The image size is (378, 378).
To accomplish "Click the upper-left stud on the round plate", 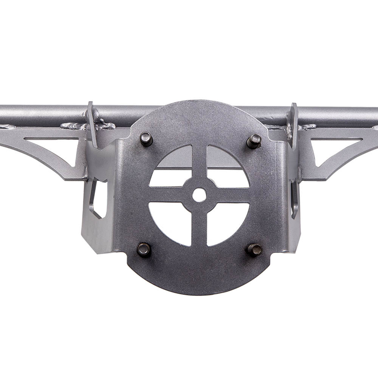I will click(x=146, y=139).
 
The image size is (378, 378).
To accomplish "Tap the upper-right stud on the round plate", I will click(x=254, y=141).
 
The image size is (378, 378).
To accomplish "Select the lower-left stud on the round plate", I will click(x=144, y=249).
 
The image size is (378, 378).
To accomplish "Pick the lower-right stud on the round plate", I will click(x=255, y=249).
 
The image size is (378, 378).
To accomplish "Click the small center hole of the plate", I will click(x=199, y=195).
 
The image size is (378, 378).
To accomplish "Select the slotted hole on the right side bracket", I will click(x=294, y=198).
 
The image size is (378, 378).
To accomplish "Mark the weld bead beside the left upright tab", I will click(x=104, y=124).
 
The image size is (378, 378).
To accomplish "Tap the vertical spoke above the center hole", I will click(x=199, y=163).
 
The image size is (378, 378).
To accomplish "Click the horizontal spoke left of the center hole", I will click(x=166, y=195).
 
